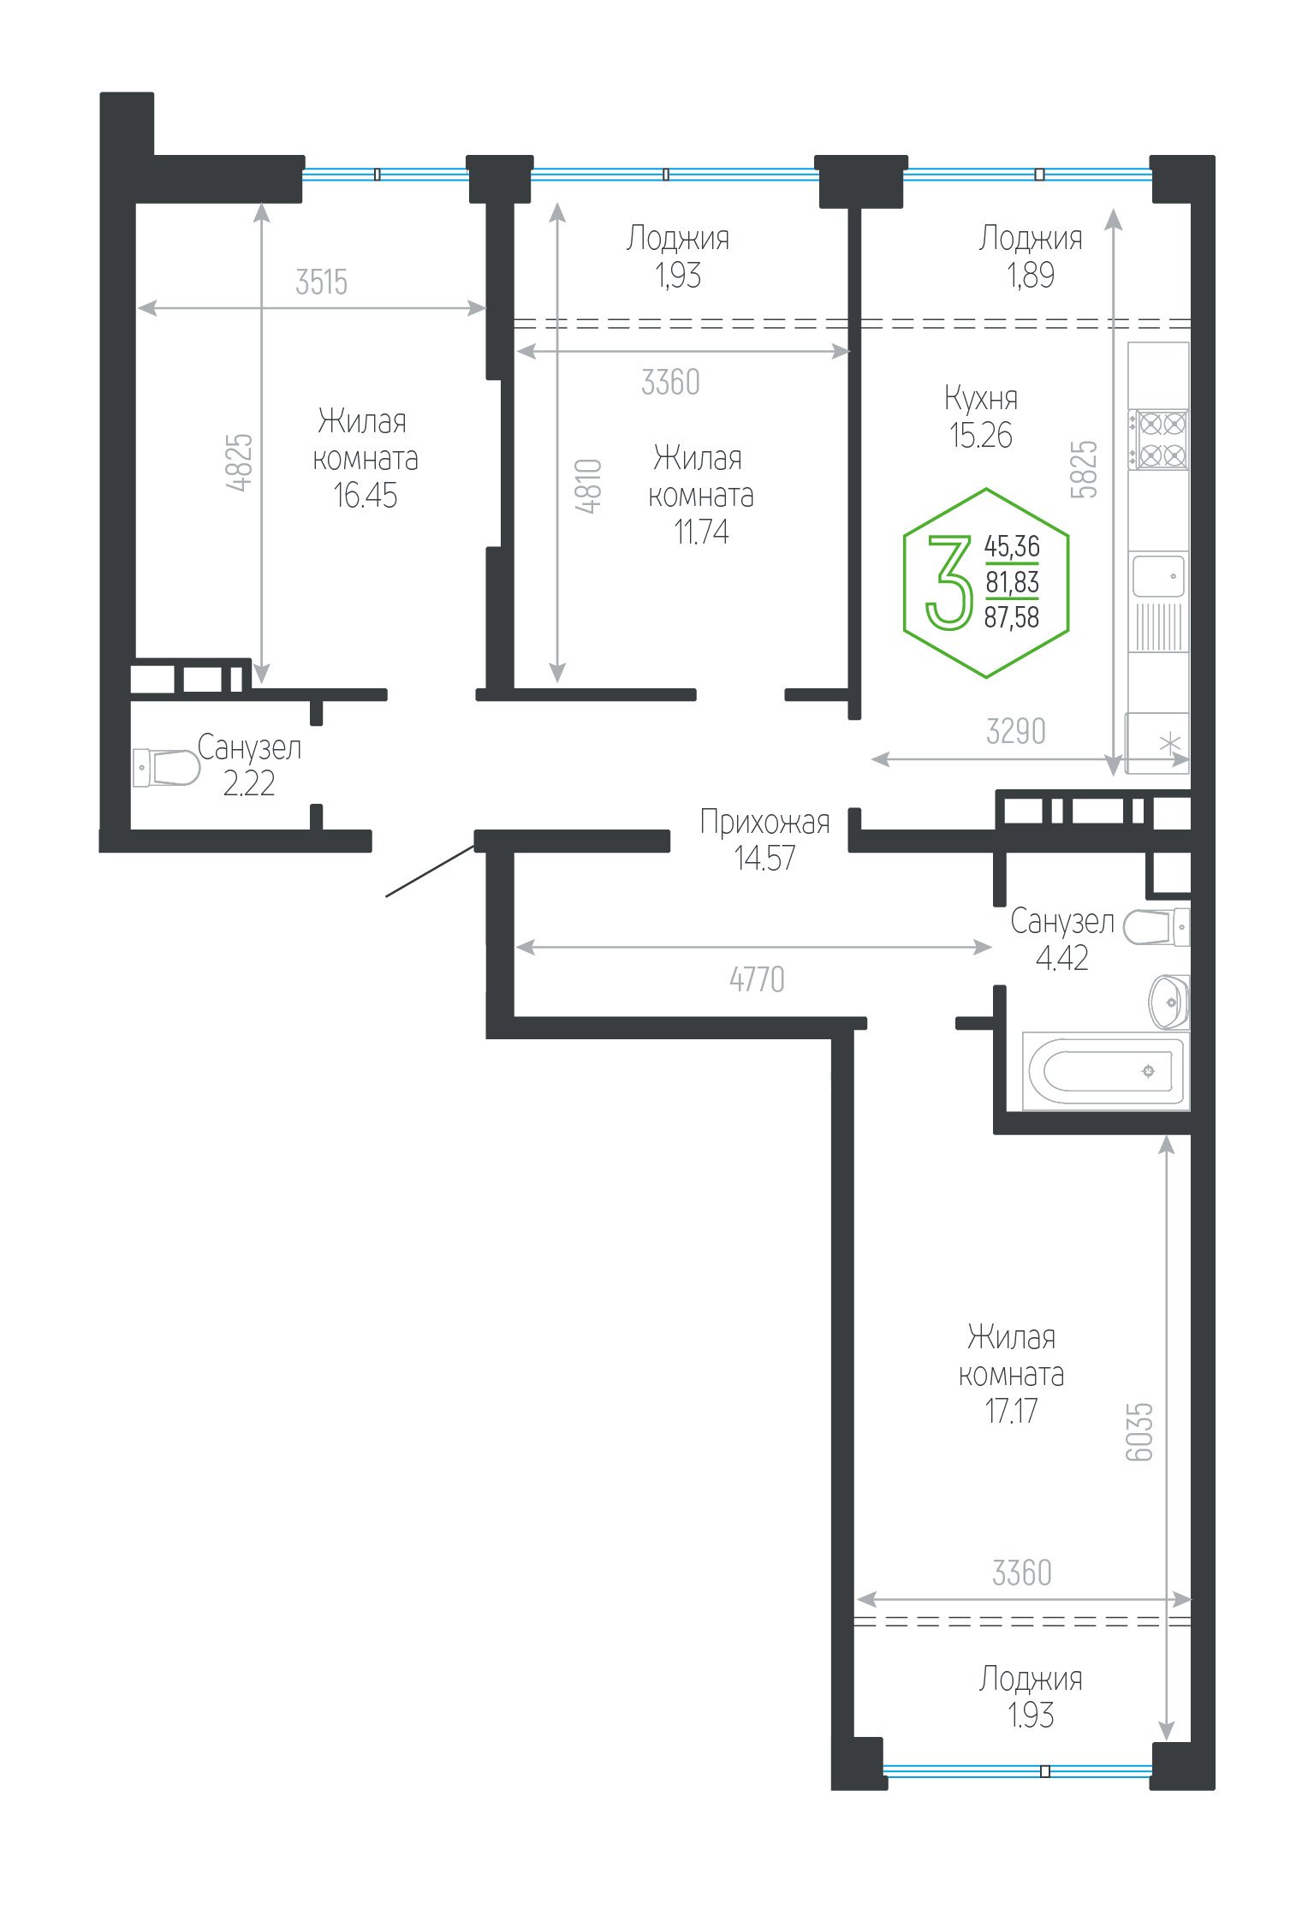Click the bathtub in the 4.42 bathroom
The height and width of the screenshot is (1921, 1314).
click(x=1105, y=1071)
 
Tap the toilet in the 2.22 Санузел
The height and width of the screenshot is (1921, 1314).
click(x=166, y=768)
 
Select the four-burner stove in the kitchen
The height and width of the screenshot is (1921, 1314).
click(x=1158, y=439)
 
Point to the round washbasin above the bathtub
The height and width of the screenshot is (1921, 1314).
click(x=1169, y=1001)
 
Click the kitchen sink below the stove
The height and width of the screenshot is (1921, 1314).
click(x=1158, y=575)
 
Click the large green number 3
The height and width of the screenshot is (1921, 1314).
click(x=950, y=582)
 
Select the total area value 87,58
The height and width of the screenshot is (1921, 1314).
click(x=1012, y=616)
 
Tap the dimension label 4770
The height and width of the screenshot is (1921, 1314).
click(x=757, y=978)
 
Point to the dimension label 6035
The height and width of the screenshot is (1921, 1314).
click(x=1139, y=1431)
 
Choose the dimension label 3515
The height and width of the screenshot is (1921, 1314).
click(x=321, y=282)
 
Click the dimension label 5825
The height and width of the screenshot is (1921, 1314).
click(x=1084, y=469)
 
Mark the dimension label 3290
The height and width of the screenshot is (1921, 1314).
click(x=1016, y=731)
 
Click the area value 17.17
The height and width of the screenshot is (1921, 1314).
click(x=1011, y=1411)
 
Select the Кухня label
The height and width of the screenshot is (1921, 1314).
click(x=981, y=398)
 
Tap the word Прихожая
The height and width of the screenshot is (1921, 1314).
click(x=764, y=822)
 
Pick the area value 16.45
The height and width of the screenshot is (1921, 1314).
click(x=365, y=496)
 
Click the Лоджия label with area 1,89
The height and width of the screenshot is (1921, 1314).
click(x=1031, y=238)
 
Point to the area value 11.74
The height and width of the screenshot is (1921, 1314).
click(x=701, y=532)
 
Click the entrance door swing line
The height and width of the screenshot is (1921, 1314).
click(x=430, y=871)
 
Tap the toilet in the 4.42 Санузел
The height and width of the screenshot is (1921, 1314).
click(x=1156, y=927)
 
